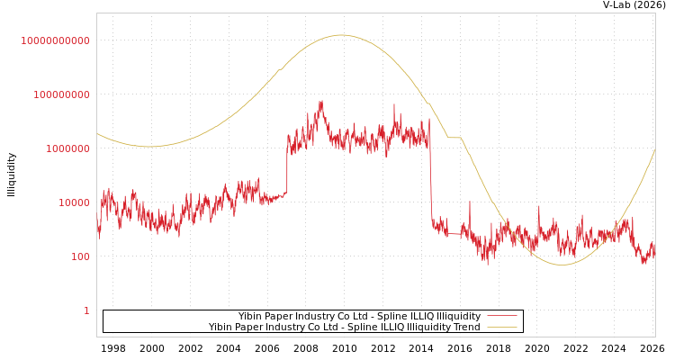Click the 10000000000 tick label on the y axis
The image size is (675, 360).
(56, 40)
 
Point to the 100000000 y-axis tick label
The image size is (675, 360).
(56, 94)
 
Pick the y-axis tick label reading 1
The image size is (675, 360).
(86, 310)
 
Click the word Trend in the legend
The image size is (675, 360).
(465, 328)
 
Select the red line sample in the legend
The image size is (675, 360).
(501, 316)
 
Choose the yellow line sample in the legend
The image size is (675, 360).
(501, 328)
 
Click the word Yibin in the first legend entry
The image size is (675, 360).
(250, 317)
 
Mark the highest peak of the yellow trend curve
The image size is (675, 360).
(340, 35)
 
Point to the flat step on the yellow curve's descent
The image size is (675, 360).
(454, 138)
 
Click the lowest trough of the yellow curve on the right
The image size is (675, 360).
(562, 265)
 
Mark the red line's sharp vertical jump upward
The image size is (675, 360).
(287, 171)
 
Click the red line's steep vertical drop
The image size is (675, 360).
(430, 180)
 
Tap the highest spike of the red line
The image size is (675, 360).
(321, 102)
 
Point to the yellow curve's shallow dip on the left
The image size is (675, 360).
(149, 147)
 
